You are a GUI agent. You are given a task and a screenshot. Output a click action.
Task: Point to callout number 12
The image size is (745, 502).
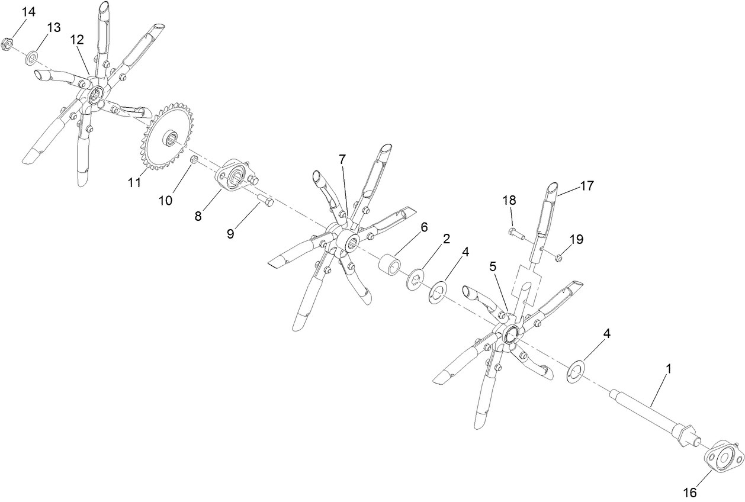77,40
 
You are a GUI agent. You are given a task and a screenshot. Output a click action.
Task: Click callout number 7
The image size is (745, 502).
342,160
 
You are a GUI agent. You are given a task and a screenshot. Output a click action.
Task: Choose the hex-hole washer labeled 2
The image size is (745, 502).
416,278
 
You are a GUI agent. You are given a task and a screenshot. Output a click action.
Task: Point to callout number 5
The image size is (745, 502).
492,267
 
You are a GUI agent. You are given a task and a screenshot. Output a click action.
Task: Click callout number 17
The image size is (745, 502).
586,186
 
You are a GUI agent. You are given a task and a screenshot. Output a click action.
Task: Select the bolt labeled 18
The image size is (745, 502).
517,233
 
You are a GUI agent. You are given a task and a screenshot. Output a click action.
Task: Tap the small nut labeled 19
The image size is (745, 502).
558,257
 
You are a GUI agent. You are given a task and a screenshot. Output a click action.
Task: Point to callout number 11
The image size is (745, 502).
134,182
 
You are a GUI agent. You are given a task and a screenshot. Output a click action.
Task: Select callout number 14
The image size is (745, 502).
28,12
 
